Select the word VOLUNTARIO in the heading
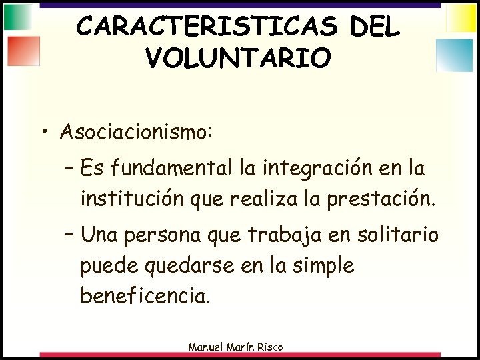pyautogui.click(x=237, y=58)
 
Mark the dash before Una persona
pyautogui.click(x=71, y=235)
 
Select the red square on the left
pyautogui.click(x=25, y=51)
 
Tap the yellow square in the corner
pyautogui.click(x=461, y=18)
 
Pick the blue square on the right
pyautogui.click(x=454, y=55)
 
